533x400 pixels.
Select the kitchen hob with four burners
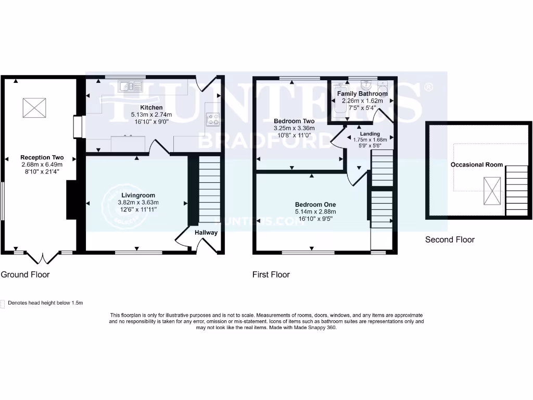coord(212,120)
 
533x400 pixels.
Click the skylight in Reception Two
coord(34,108)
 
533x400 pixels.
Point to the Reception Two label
coord(42,157)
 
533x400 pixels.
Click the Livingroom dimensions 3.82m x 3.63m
coord(136,202)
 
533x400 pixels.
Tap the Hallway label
coord(206,232)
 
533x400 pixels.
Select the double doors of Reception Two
coord(42,256)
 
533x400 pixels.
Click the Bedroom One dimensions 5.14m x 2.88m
coord(315,211)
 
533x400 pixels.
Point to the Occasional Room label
coord(477,165)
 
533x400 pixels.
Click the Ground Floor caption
coord(25,274)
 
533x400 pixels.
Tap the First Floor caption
coord(271,274)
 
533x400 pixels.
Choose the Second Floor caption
coord(450,240)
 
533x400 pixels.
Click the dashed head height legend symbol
coord(3,303)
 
